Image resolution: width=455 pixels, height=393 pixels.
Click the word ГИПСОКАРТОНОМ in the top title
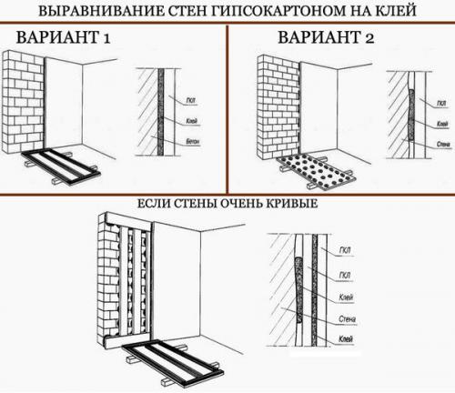[x=281, y=13]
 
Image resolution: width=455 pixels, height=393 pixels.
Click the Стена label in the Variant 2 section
[x=443, y=143]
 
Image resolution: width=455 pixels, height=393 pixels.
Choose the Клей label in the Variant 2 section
[x=442, y=123]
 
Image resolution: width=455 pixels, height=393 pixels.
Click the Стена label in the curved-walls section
[x=346, y=319]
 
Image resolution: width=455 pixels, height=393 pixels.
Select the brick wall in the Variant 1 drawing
[x=24, y=99]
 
